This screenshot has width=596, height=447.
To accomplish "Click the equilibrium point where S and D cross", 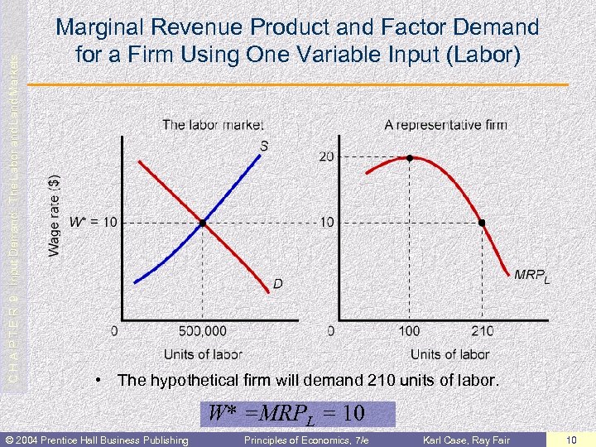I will point(202,223).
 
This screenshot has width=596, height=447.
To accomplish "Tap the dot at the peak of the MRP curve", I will point(409,157).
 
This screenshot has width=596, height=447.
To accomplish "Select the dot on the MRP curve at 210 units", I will point(482,223).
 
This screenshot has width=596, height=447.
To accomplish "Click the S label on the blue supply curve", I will point(263,147).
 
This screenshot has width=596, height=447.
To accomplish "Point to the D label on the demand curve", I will point(278,284).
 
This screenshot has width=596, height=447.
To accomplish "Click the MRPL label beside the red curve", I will point(531,276).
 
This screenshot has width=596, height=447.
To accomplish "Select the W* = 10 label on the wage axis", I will point(94,222).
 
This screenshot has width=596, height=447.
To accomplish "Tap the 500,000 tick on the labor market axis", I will point(202,331).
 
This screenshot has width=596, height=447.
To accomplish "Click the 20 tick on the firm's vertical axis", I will point(327,157).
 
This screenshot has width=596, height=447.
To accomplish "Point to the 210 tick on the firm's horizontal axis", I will point(482,331).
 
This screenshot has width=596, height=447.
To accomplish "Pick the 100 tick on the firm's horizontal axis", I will point(409,331).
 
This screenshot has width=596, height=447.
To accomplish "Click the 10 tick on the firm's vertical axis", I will point(327,222).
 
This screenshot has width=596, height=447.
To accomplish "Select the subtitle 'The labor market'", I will point(213,125).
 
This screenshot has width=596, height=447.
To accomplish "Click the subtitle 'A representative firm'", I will point(445,125).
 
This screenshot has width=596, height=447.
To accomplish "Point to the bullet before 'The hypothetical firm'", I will point(98,381).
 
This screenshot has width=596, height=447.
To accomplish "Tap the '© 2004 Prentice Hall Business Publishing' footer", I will point(95,440).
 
